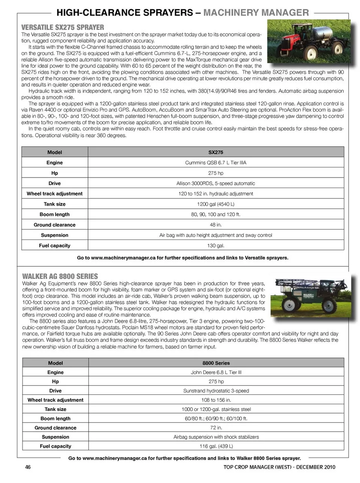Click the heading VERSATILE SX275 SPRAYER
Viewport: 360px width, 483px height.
(63, 27)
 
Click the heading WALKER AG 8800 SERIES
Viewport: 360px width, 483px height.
(60, 276)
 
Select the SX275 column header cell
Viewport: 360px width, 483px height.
(216, 152)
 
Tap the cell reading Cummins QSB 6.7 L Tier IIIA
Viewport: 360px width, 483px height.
(216, 163)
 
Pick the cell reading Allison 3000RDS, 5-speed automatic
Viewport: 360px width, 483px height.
(216, 184)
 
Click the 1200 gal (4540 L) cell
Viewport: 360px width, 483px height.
(216, 204)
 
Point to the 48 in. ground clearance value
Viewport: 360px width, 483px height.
(216, 225)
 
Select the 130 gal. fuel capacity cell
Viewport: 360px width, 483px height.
(216, 246)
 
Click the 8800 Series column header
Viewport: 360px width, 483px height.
(216, 363)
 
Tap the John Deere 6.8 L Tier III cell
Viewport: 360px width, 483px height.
(216, 373)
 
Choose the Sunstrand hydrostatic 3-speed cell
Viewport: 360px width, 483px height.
(216, 391)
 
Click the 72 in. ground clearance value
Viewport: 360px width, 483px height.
(216, 428)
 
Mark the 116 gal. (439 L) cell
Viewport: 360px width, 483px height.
(216, 446)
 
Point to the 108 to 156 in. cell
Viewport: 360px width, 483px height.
(216, 400)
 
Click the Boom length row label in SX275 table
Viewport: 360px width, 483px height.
(55, 215)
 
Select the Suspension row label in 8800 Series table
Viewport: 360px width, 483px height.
(55, 437)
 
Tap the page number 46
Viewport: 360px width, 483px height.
(28, 467)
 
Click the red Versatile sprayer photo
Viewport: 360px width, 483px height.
(308, 41)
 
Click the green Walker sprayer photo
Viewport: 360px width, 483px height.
(311, 298)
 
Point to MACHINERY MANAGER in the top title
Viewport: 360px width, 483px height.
(256, 13)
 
